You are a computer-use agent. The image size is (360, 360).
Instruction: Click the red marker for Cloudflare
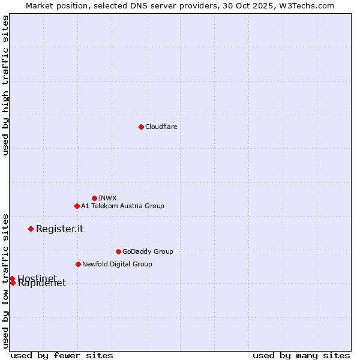point(141,127)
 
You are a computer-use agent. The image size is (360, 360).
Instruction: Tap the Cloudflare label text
point(161,127)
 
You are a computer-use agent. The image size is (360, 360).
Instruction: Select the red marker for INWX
point(94,198)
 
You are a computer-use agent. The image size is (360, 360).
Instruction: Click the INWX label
point(107,198)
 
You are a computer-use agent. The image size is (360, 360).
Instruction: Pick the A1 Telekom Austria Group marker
point(77,206)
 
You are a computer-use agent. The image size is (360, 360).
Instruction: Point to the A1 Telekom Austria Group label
point(122,206)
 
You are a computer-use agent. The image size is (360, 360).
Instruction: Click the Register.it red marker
point(31,229)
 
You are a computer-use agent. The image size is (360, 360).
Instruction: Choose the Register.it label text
point(59,229)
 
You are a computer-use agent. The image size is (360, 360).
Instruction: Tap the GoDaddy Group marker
point(118,251)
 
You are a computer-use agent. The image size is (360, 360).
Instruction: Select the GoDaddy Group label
point(148,251)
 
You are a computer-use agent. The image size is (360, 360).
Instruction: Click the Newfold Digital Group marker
point(78,264)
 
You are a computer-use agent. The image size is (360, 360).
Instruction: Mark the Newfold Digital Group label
point(117,264)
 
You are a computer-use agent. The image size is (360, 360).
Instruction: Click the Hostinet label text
point(37,278)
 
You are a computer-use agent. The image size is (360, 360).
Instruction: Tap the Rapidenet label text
point(42,284)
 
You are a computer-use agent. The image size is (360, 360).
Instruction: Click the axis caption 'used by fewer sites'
point(62,355)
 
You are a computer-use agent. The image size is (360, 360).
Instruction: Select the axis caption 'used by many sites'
point(301,355)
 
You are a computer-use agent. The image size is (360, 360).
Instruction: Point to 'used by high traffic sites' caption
point(5,85)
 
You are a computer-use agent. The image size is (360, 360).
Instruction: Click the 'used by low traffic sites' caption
point(5,281)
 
